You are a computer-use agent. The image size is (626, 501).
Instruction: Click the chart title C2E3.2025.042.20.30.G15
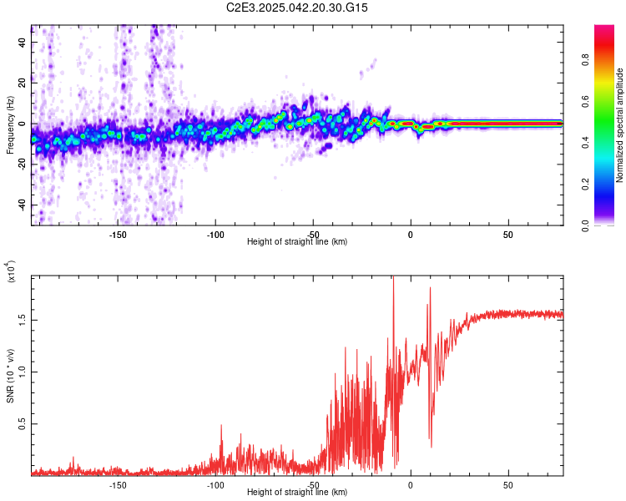click(297, 8)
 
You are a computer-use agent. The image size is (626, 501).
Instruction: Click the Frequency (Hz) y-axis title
click(10, 125)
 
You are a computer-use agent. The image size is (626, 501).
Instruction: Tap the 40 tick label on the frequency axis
click(23, 42)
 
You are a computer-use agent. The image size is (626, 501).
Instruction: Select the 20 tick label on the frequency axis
click(23, 83)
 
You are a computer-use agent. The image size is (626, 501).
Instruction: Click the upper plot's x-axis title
click(297, 241)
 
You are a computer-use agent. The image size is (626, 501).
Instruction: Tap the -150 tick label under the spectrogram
click(117, 234)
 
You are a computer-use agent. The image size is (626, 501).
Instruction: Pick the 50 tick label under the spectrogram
click(507, 234)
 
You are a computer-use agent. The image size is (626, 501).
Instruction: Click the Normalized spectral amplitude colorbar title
click(620, 125)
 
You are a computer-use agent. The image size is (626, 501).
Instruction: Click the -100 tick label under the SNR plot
click(215, 484)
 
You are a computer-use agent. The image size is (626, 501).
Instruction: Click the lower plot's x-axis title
click(297, 493)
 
